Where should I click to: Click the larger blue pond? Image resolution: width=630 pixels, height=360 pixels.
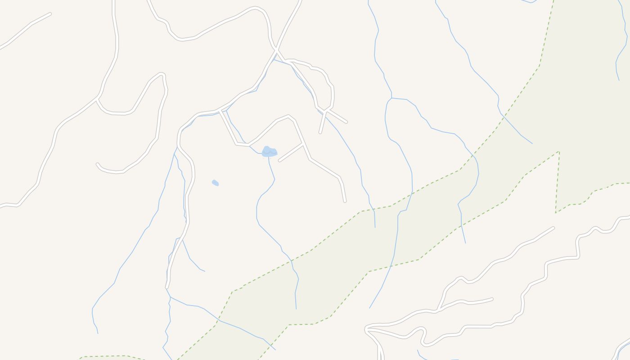(x=269, y=152)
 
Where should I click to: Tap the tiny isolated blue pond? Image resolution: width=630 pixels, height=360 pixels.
(x=215, y=183)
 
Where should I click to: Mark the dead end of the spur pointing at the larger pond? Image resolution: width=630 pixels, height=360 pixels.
(x=279, y=161)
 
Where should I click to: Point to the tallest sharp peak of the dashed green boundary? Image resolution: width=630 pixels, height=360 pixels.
(x=558, y=152)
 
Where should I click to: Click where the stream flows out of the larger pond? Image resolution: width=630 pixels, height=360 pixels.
(x=269, y=157)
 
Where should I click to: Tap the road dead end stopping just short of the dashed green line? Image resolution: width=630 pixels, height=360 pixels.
(x=345, y=201)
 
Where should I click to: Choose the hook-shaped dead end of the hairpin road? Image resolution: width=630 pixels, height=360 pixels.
(x=97, y=164)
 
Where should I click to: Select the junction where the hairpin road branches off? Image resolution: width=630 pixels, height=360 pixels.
(x=97, y=99)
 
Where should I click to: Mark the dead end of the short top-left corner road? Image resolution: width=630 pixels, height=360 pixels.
(x=49, y=14)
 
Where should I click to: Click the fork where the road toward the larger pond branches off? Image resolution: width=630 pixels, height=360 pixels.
(x=220, y=111)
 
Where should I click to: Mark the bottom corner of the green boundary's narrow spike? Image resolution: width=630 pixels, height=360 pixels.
(x=556, y=212)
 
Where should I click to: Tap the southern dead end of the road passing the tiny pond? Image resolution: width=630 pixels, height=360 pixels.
(x=167, y=287)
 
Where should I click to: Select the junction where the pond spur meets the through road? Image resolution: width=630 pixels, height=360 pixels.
(x=303, y=144)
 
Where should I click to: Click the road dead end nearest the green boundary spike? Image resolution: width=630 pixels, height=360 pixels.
(x=553, y=228)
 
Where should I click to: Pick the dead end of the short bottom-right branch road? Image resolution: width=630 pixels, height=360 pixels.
(x=492, y=299)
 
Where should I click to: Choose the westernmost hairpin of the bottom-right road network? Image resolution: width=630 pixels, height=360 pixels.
(x=366, y=330)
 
